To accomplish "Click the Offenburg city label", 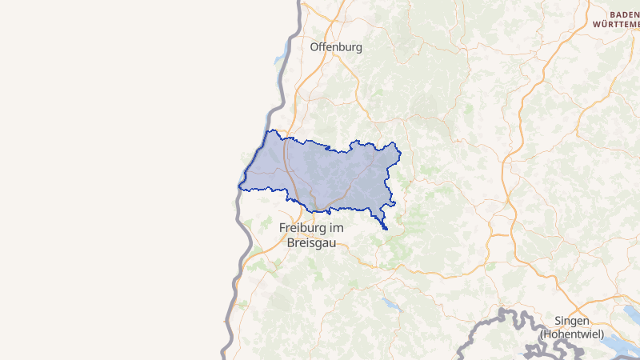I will [336, 46].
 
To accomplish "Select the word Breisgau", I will [311, 242].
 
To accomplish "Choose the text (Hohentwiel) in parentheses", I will [570, 333].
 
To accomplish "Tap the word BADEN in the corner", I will [624, 14].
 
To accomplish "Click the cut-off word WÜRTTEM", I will [616, 25].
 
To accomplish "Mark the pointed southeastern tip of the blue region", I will [386, 229].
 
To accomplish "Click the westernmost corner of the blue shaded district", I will [239, 186].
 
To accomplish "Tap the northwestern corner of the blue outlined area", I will [274, 130].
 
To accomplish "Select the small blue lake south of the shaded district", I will [390, 304].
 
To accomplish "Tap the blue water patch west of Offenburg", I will [279, 58].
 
